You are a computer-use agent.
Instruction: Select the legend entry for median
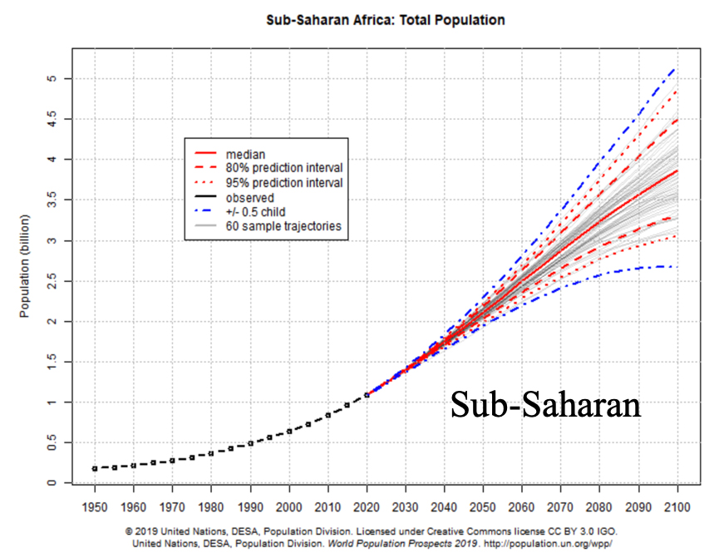245,154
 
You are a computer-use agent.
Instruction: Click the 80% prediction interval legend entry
283,168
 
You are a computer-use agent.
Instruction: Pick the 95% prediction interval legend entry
283,182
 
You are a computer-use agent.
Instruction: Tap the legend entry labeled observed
249,197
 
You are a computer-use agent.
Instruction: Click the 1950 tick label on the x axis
94,506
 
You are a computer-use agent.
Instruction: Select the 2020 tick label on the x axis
367,506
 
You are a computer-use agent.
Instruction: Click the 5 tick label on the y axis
51,78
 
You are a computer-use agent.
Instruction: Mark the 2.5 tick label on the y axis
51,281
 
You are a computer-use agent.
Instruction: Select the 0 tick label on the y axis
51,483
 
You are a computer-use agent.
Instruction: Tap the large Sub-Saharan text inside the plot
545,405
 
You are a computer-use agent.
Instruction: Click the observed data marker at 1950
95,468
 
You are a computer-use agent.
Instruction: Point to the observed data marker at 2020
367,395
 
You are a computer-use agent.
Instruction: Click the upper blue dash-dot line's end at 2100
675,68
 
